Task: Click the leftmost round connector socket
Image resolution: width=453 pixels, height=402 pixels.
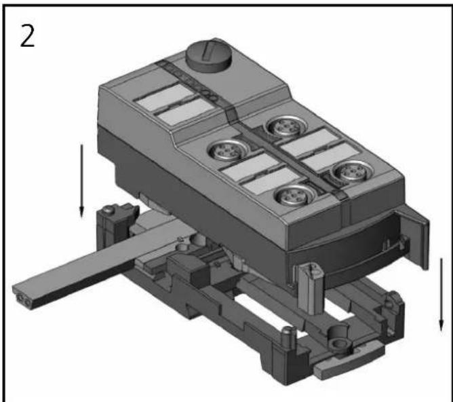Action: pos(224,149)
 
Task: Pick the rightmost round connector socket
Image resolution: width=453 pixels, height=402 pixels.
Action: pos(349,174)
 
